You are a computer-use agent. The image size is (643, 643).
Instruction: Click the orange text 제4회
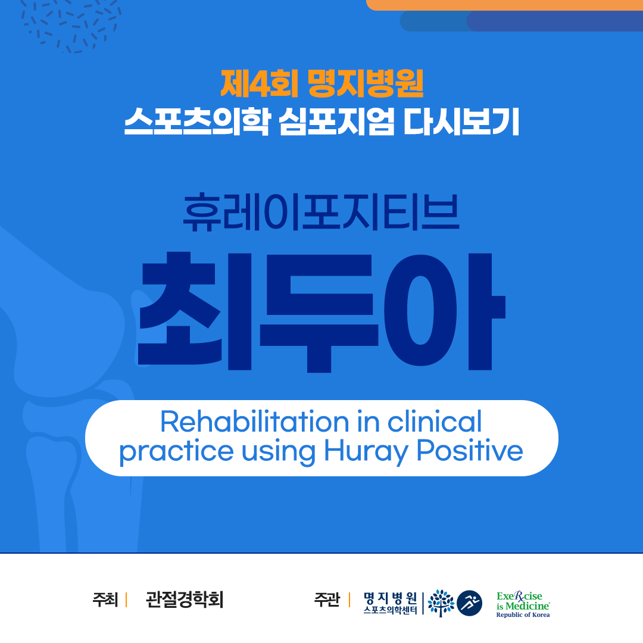(259, 84)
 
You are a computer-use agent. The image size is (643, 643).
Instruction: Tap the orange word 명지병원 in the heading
(366, 84)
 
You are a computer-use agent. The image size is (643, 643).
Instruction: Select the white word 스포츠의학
(198, 121)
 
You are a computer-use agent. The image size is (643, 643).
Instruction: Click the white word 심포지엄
(336, 121)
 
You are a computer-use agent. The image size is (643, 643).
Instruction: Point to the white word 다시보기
(461, 121)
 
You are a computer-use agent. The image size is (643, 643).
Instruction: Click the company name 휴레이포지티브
(321, 212)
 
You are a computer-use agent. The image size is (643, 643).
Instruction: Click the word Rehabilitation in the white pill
(254, 422)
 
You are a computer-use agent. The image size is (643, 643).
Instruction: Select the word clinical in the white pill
(434, 422)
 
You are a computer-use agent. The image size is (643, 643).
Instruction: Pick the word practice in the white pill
(176, 452)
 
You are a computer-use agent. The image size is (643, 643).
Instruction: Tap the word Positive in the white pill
(470, 451)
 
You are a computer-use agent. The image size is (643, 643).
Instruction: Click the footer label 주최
(105, 600)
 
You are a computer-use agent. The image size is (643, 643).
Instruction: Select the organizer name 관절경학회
(185, 600)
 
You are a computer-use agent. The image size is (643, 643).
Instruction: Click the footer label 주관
(327, 600)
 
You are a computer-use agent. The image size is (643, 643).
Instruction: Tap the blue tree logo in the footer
(441, 603)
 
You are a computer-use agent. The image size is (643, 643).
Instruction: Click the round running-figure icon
(470, 603)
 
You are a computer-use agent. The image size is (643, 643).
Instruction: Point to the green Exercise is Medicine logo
(523, 604)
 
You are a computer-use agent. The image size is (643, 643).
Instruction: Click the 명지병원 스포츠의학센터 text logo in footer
(391, 603)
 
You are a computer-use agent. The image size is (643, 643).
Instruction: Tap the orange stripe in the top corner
(504, 5)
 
